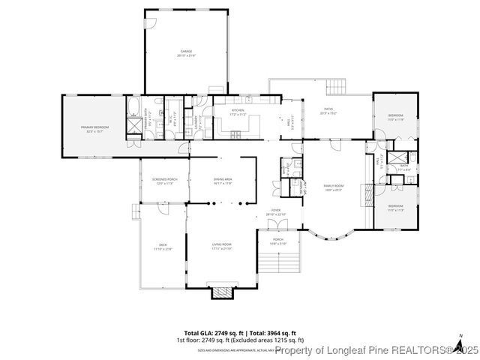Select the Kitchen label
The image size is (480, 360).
point(226,111)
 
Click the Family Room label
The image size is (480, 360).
point(333,187)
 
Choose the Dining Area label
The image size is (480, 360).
point(223,181)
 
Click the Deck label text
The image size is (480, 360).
point(162,246)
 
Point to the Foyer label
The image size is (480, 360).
point(277,212)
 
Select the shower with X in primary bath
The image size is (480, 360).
point(133,127)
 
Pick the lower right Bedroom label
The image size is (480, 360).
point(395,208)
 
